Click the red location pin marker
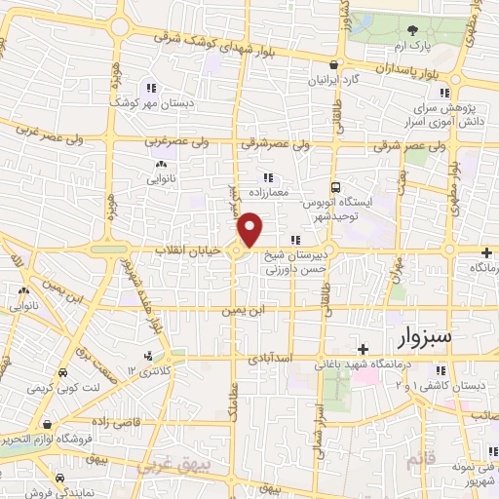tap(250, 230)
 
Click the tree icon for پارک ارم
tap(413, 31)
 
